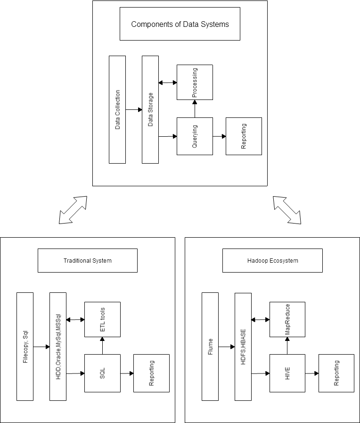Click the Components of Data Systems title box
pos(180,24)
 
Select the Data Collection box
pos(117,109)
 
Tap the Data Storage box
pos(150,109)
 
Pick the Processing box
pos(195,82)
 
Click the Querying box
pos(195,136)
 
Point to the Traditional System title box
pos(88,261)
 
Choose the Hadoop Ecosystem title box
pos(272,261)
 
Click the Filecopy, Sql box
pos(25,347)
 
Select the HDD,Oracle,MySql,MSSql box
pos(58,347)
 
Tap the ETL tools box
pos(102,319)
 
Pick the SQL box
pos(102,373)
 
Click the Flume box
pos(210,347)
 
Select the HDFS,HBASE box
pos(243,347)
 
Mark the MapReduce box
pos(287,319)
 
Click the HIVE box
pos(287,373)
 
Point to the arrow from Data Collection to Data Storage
pos(134,109)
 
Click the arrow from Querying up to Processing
pos(195,109)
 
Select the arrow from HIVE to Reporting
pos(312,373)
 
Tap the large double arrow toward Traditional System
pos(73,210)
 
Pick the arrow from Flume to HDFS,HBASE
pos(227,347)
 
